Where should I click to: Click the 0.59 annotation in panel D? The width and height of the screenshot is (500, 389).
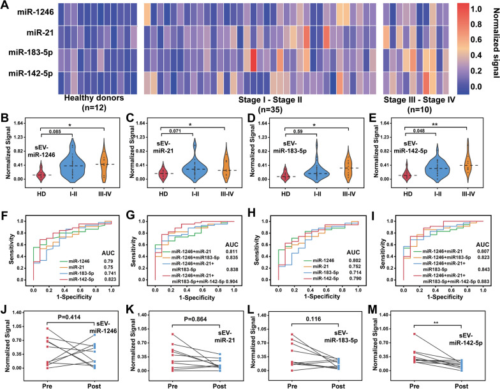tap(294, 133)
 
